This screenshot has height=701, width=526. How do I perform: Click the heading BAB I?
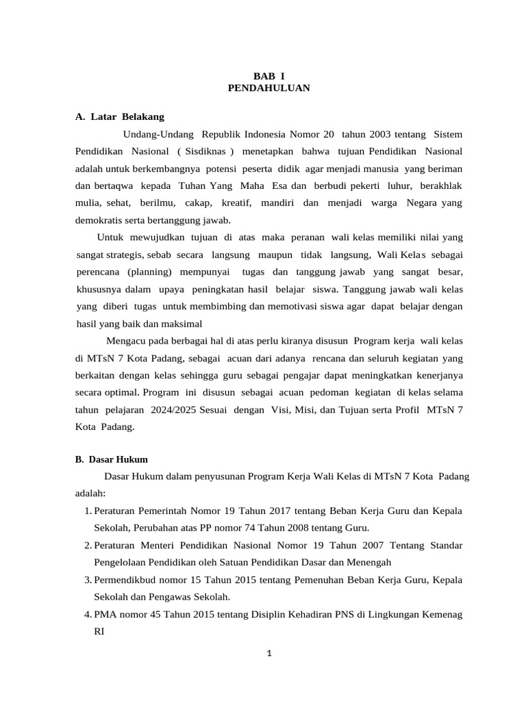tap(268, 77)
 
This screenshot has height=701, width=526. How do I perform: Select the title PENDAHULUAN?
tap(268, 88)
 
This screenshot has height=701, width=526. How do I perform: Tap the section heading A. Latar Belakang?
tap(119, 116)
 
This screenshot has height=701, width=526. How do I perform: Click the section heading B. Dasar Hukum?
tap(111, 459)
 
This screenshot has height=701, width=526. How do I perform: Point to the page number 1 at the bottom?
tap(269, 653)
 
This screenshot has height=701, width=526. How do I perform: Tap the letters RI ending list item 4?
tap(99, 631)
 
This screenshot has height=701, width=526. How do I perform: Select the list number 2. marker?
tap(88, 545)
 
